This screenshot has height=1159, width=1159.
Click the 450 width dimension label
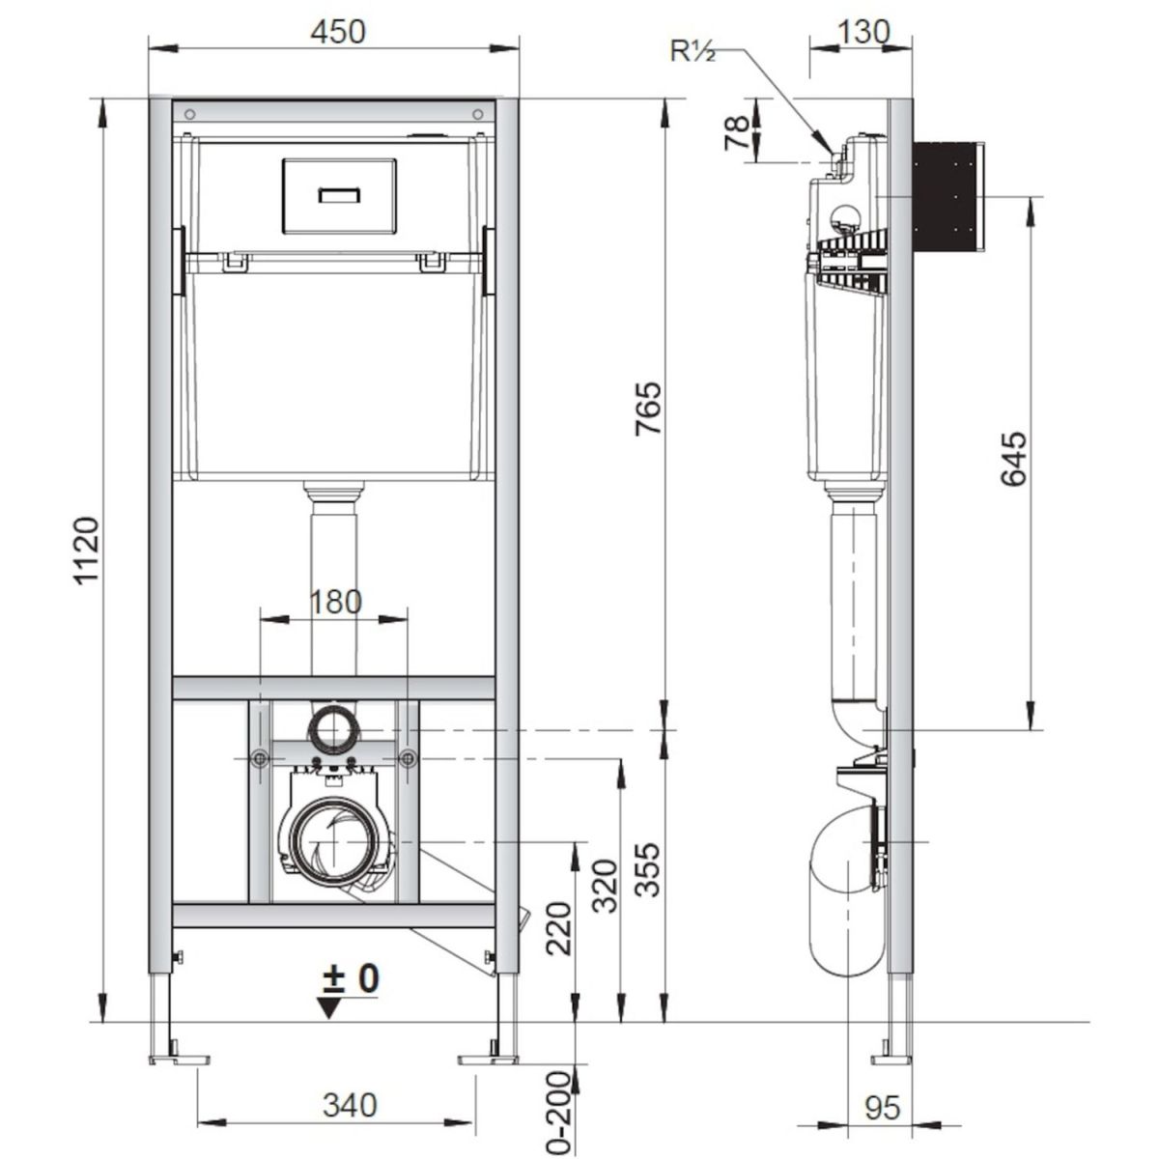[x=337, y=32]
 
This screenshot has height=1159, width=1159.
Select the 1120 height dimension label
[x=86, y=550]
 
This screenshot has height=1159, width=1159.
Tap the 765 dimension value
[x=649, y=408]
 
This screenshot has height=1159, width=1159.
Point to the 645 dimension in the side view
[x=1013, y=459]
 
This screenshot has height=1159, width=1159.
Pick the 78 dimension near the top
[x=736, y=132]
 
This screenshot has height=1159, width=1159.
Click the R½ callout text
[x=693, y=52]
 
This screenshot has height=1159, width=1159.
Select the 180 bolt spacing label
[x=335, y=602]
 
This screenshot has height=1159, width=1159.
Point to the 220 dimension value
[x=559, y=928]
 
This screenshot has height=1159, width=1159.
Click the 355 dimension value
[x=648, y=869]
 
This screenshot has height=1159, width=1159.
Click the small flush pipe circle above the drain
[x=332, y=730]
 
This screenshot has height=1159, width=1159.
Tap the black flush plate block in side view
[x=948, y=196]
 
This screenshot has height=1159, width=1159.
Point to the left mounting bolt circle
[x=261, y=759]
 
